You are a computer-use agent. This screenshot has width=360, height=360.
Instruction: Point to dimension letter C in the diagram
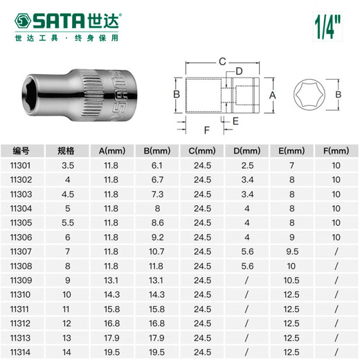click(x=222, y=61)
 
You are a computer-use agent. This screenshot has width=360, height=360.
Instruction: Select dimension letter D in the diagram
click(x=239, y=72)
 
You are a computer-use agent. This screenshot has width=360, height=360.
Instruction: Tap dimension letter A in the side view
click(x=273, y=94)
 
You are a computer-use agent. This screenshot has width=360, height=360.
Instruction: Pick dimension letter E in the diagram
click(x=235, y=120)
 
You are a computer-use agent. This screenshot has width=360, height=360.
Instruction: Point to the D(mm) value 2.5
click(x=247, y=166)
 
